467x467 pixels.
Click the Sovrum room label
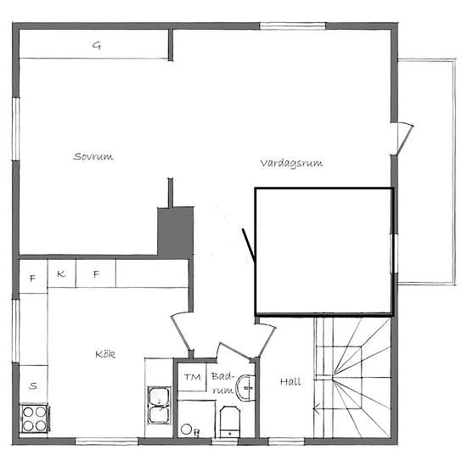[93, 156]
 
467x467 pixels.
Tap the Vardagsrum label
[291, 163]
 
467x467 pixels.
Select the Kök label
[105, 354]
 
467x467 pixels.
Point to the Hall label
[290, 381]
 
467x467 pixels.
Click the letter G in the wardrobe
[97, 46]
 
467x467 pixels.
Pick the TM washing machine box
[192, 377]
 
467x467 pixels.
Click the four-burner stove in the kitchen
[34, 419]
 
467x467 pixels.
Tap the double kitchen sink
[160, 405]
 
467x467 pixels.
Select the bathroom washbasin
[245, 388]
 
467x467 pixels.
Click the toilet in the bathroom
[229, 422]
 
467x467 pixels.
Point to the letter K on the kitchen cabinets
[61, 273]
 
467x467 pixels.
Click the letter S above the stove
[33, 386]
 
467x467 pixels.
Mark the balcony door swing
[405, 138]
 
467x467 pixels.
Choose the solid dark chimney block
[176, 232]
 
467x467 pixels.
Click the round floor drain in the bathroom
[187, 429]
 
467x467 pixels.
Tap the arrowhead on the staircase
[316, 410]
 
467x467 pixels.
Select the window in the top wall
[292, 26]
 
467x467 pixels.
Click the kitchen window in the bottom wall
[106, 441]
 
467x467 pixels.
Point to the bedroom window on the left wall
[16, 129]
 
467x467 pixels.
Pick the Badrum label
[222, 383]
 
